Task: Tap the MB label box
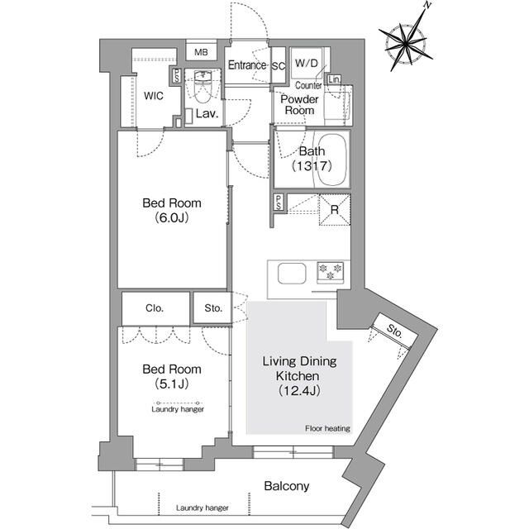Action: tap(201, 53)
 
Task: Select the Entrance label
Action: tap(247, 65)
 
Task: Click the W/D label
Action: tap(307, 62)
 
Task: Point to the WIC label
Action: tap(154, 95)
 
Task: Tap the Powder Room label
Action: tap(299, 104)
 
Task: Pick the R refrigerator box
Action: tap(334, 208)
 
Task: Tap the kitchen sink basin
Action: tap(292, 273)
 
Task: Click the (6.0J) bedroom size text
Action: tap(171, 218)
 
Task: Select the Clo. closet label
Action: tap(155, 308)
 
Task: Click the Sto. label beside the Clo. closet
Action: tap(213, 308)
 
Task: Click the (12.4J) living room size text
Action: tap(299, 390)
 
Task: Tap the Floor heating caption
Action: tap(327, 428)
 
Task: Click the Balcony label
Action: tap(287, 486)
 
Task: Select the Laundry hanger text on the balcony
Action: tap(203, 508)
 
